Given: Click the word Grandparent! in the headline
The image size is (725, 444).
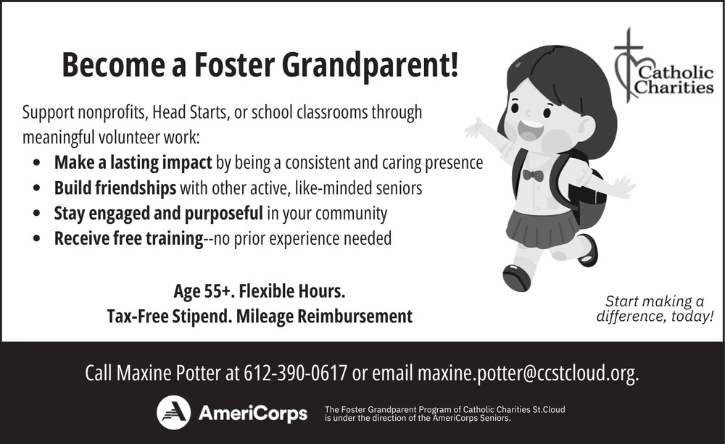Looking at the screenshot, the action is (x=370, y=66).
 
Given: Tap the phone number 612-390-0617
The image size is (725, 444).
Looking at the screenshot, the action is (x=296, y=373).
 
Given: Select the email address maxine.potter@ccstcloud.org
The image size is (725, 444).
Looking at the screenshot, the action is (x=528, y=374).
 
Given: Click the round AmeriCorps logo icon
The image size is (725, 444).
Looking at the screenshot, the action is (x=173, y=412).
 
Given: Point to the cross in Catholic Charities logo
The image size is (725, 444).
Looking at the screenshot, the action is (x=629, y=64).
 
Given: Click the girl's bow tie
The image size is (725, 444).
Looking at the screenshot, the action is (x=533, y=175).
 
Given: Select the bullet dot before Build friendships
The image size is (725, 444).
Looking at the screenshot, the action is (x=37, y=188).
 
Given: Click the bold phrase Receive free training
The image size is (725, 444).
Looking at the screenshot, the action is (x=129, y=238).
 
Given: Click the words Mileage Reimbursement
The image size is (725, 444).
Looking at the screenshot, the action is (x=324, y=317).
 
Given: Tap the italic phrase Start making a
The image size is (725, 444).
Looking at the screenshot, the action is (x=654, y=302).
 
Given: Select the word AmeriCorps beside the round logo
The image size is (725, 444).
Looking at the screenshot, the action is (x=253, y=413).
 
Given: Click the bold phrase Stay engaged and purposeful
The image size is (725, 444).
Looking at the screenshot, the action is (x=159, y=214).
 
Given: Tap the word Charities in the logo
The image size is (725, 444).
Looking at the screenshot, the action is (x=674, y=87).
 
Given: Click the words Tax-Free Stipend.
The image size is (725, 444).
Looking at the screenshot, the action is (x=170, y=317).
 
